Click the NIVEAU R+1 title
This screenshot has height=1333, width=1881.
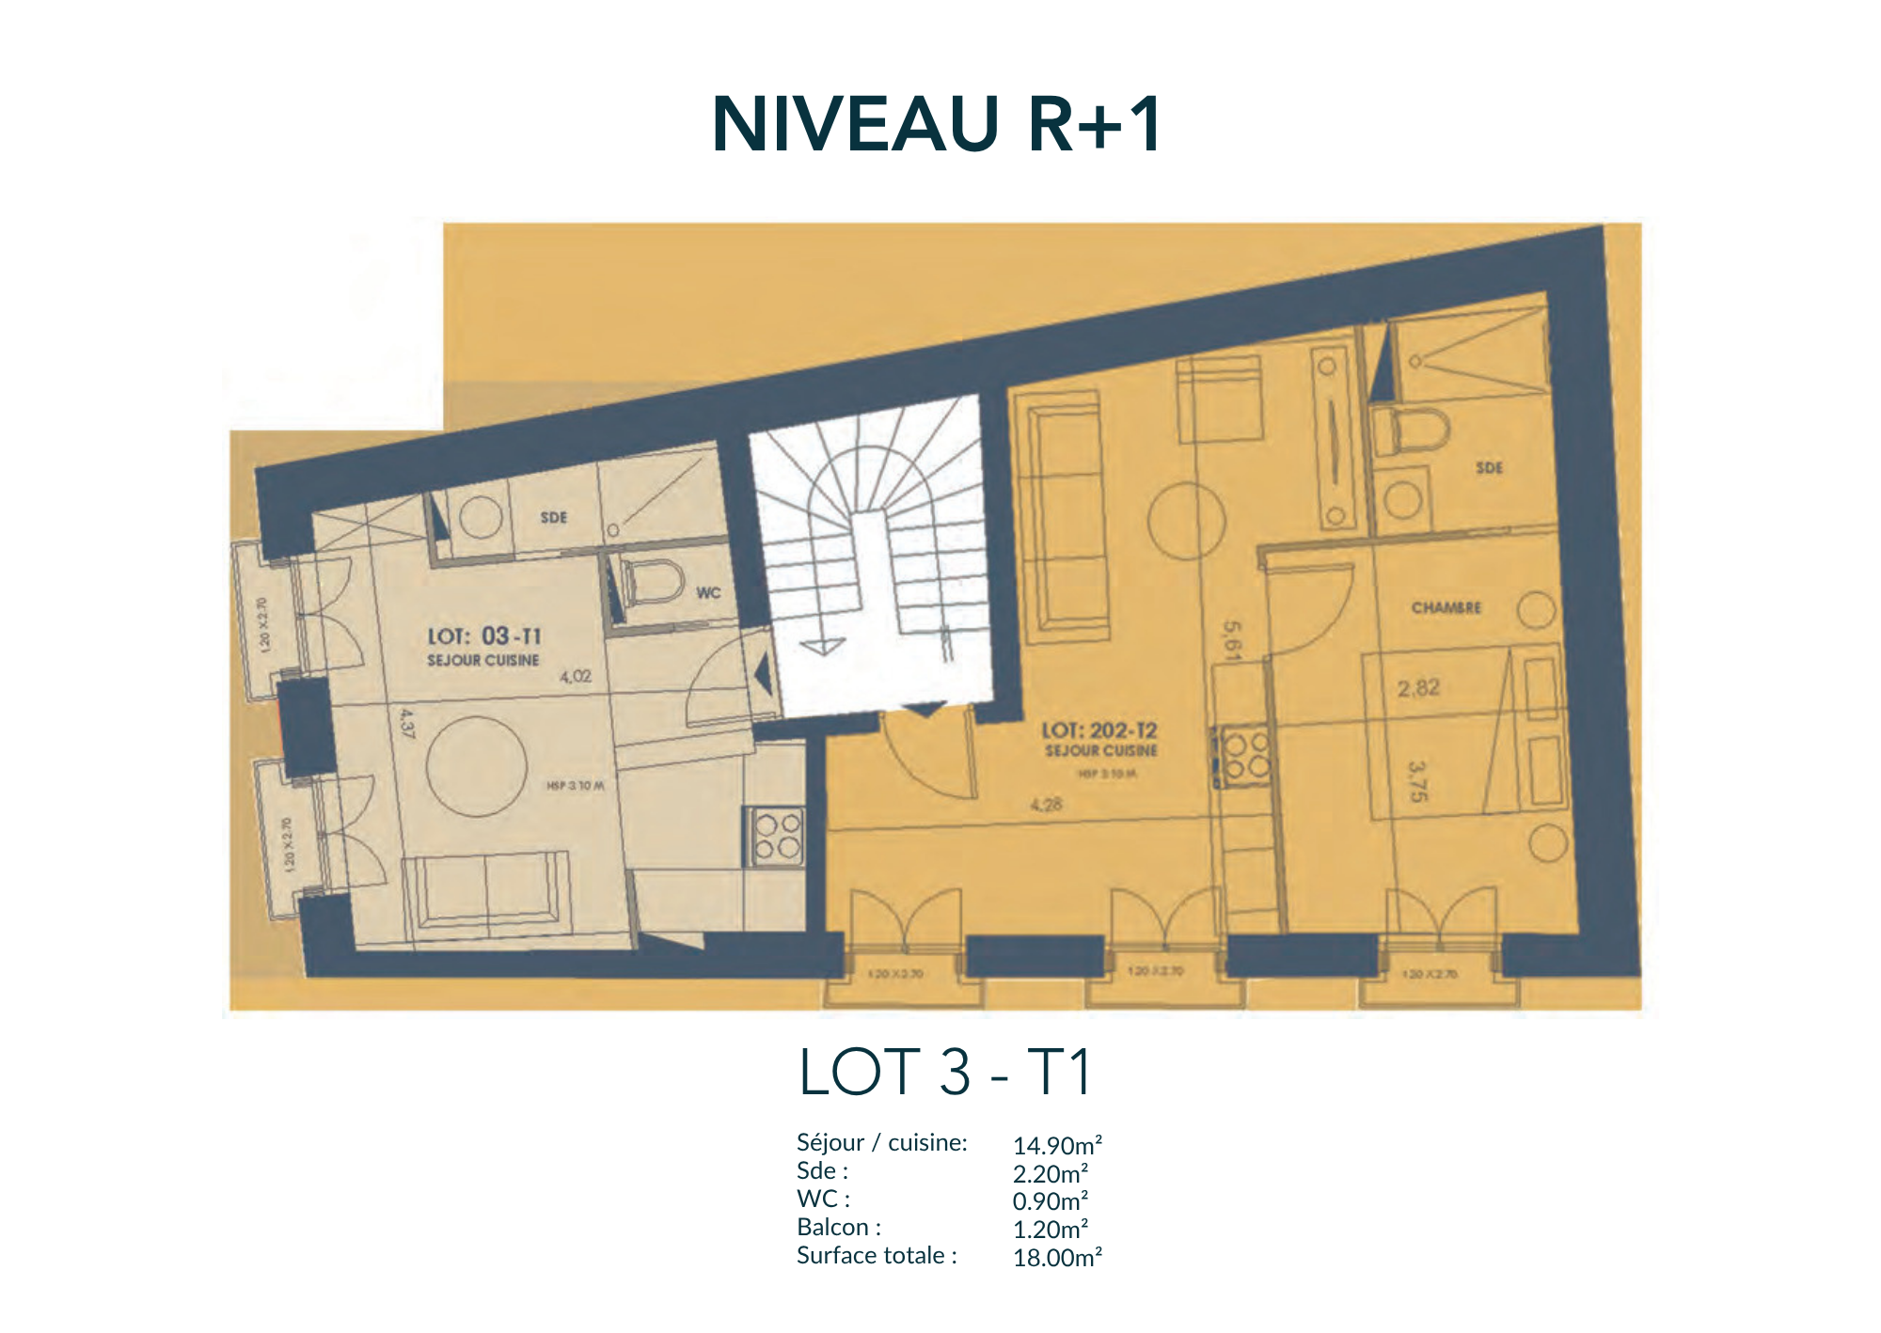[x=938, y=124]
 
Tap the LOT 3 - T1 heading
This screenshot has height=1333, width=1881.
[x=944, y=1072]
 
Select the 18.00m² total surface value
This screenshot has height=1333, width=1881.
[x=1056, y=1258]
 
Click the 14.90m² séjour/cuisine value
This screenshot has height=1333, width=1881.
[x=1056, y=1146]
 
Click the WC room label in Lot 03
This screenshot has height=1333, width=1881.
[x=708, y=592]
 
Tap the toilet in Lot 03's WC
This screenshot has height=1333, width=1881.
[x=655, y=583]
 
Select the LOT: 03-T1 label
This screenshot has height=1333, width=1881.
[x=484, y=636]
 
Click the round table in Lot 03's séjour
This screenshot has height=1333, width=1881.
[x=476, y=766]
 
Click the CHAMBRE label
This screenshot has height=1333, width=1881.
[x=1446, y=608]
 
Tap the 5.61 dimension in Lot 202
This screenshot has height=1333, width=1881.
[x=1232, y=640]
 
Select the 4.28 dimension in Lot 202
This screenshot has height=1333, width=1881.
[x=1046, y=805]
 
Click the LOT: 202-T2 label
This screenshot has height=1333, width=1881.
[x=1099, y=730]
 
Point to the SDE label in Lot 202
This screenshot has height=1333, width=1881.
[x=1489, y=467]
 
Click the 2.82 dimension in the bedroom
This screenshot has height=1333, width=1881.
[x=1418, y=688]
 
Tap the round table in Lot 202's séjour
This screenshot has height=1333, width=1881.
[x=1187, y=521]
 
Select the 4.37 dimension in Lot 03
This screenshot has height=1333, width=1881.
[x=406, y=724]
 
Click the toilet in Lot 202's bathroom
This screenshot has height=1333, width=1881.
[x=1411, y=431]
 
